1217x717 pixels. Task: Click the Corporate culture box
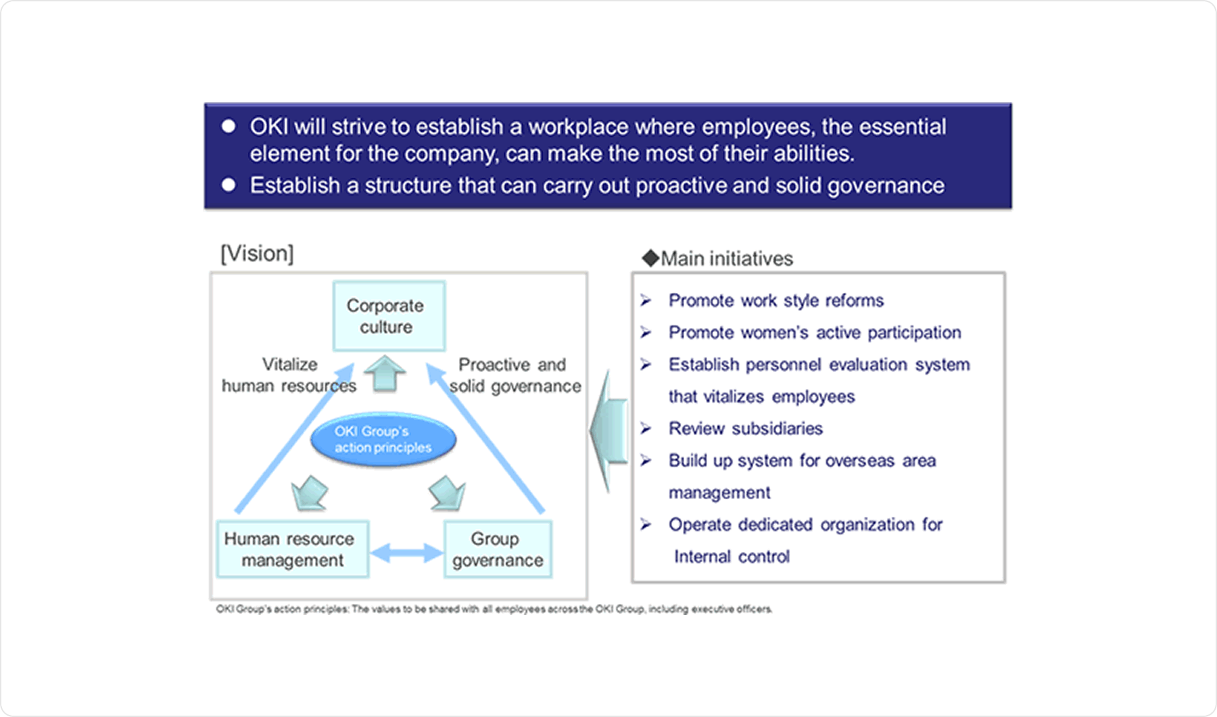[389, 316]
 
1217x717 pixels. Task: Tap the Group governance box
[498, 549]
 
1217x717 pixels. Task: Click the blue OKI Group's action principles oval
[383, 440]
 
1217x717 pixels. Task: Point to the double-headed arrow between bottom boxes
[407, 553]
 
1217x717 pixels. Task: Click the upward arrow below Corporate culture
[385, 373]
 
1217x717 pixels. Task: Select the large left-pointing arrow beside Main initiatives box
[608, 431]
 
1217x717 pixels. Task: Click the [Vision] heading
[257, 254]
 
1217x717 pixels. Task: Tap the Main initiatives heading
[727, 258]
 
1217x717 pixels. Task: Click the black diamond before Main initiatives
[650, 258]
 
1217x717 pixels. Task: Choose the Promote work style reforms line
[775, 300]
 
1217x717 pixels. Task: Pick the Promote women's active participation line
[814, 333]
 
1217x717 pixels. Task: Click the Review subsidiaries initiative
[745, 428]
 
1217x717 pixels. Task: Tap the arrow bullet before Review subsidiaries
[646, 428]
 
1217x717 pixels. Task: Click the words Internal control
[732, 557]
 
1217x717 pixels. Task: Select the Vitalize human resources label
[289, 375]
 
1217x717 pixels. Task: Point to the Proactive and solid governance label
[515, 375]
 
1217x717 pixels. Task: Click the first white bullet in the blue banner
[229, 126]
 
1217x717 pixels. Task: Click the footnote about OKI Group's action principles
[494, 609]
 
